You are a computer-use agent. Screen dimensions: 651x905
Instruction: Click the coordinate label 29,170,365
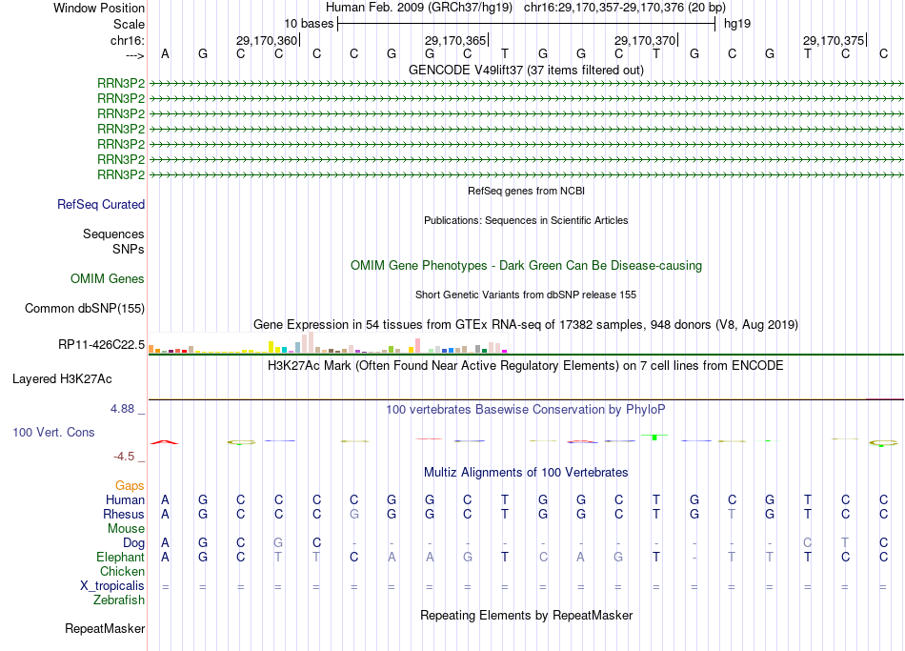[454, 40]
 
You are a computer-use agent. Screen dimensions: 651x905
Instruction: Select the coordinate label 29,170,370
[644, 40]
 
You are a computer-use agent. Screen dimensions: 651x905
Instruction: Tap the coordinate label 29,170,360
[266, 40]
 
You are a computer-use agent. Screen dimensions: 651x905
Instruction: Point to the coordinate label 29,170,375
[833, 40]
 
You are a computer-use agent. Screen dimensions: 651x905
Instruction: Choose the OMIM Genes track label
[108, 278]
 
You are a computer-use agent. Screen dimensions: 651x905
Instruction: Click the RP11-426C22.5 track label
[102, 344]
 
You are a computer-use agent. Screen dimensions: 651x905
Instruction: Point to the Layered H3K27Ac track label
[62, 378]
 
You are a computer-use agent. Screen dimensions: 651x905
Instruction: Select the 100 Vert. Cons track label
[53, 432]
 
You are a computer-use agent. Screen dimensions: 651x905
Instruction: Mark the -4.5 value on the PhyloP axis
[127, 457]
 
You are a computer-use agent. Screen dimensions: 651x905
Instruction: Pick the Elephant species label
[120, 557]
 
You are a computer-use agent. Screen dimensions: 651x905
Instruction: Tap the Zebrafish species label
[119, 600]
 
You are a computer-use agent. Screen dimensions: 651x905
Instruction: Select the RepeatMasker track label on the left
[105, 628]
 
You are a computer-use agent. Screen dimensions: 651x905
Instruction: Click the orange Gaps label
[130, 485]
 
